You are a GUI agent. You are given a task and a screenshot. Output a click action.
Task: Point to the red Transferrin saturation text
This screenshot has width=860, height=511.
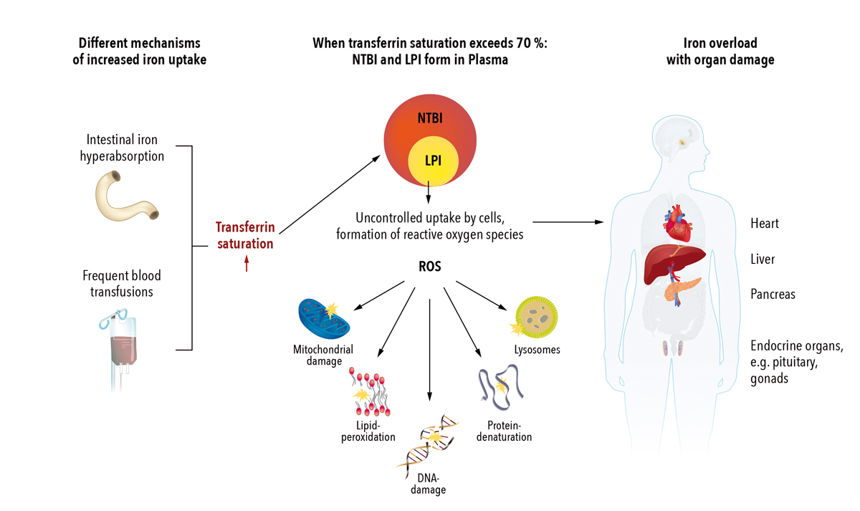pos(245,236)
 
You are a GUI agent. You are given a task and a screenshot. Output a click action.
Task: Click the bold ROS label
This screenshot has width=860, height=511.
pos(429,265)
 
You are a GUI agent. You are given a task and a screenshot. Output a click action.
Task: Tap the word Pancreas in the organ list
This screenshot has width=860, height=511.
pos(773,294)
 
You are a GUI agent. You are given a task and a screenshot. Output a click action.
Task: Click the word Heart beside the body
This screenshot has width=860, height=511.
pos(765,224)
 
